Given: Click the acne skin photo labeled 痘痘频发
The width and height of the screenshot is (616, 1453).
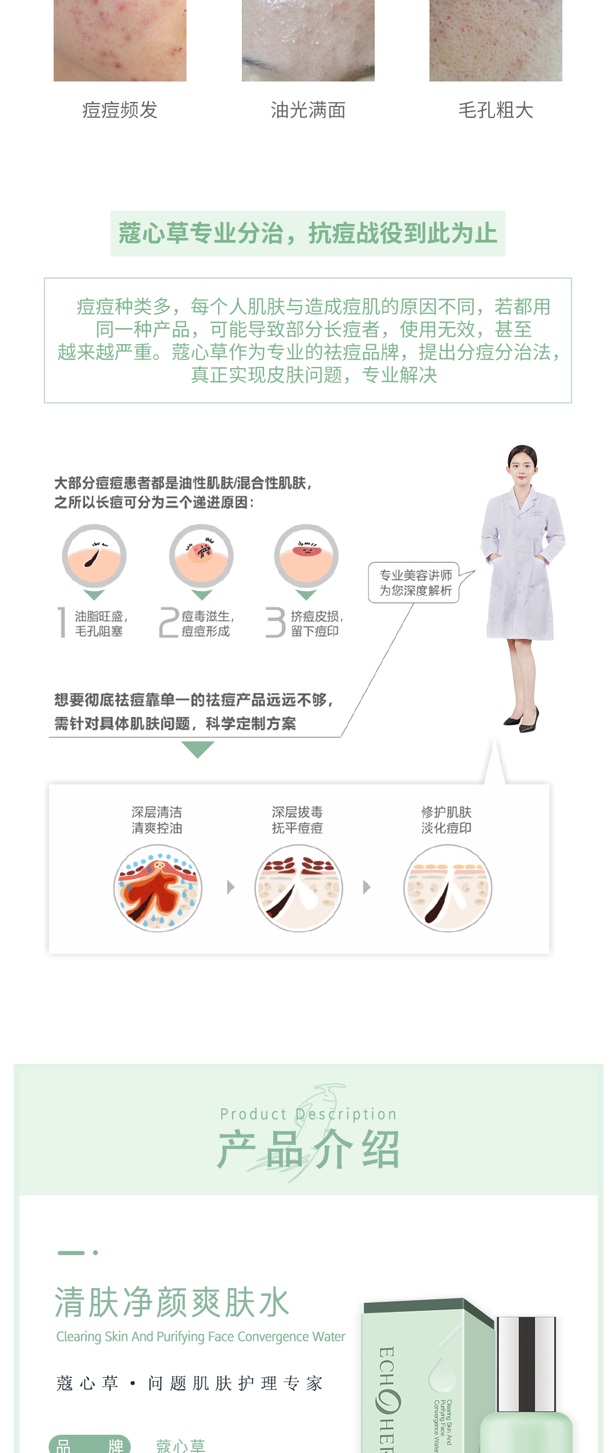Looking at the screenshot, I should coord(120,40).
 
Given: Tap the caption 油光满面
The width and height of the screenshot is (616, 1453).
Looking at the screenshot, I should coord(308,110).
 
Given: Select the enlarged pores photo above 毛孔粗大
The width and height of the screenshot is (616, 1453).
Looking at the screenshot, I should coord(496,40).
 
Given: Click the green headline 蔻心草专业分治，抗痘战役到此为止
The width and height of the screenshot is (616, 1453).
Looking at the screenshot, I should coord(308,234).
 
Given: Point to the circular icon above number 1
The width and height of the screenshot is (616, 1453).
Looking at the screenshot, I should coord(94,556).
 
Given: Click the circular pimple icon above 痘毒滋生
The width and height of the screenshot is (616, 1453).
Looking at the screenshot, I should coord(201,556).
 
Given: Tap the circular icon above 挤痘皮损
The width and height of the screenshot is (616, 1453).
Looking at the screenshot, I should coord(306,556).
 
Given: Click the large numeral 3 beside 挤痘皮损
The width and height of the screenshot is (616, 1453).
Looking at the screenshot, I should coord(275,622).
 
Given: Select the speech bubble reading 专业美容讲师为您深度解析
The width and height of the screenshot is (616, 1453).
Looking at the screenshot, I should coord(416,582).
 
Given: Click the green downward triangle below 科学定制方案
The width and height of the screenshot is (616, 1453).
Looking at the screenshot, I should coord(197,749).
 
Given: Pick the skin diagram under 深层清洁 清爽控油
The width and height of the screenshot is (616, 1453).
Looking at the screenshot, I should coord(157,888).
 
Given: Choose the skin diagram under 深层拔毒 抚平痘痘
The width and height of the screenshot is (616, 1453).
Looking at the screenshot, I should coord(298,888).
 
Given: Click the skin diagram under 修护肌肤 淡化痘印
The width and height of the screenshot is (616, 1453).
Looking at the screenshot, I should coord(448,888).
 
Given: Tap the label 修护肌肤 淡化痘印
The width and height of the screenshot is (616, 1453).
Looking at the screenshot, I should coord(447,820).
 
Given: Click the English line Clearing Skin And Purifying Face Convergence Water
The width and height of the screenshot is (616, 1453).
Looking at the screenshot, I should coord(201,1337).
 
